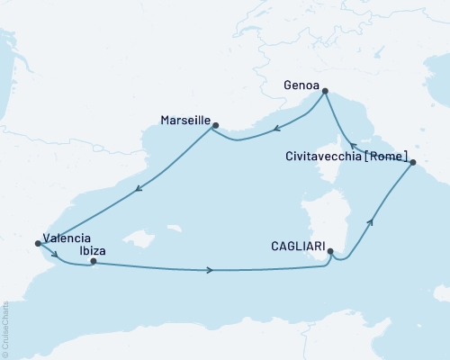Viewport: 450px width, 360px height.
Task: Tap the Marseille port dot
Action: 215,126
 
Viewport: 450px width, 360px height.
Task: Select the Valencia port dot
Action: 37,242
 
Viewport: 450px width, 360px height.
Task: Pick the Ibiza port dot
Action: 94,262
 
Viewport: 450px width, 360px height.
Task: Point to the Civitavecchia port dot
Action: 412,163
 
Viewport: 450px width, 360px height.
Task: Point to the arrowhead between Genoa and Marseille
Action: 279,127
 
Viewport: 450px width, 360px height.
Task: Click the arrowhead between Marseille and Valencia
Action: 139,189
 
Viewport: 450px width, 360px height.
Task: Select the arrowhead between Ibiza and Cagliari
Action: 211,270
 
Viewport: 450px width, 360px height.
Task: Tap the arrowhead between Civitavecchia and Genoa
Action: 353,146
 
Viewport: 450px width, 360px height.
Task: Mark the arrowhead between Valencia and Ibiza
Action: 56,254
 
